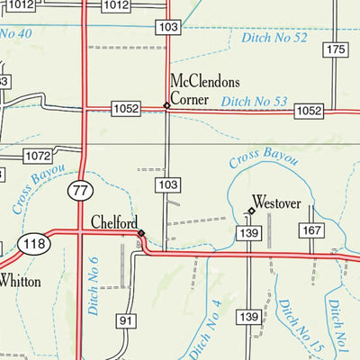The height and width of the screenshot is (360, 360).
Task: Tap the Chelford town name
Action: (x=114, y=222)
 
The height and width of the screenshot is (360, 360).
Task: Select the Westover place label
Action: (x=275, y=202)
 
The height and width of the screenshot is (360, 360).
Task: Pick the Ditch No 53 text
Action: (x=255, y=102)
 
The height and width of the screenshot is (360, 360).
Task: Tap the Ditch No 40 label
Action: (x=16, y=34)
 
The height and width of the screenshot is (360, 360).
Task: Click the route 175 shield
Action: (x=337, y=49)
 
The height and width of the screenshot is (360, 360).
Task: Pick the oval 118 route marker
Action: (x=35, y=245)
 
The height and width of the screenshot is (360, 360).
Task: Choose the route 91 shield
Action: (x=125, y=321)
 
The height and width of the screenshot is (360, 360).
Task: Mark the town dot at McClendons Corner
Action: (x=166, y=106)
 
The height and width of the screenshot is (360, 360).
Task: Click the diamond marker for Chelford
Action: (x=140, y=233)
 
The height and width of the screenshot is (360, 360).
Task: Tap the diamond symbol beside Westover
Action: (x=251, y=211)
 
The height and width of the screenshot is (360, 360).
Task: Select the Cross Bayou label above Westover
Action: (x=263, y=159)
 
